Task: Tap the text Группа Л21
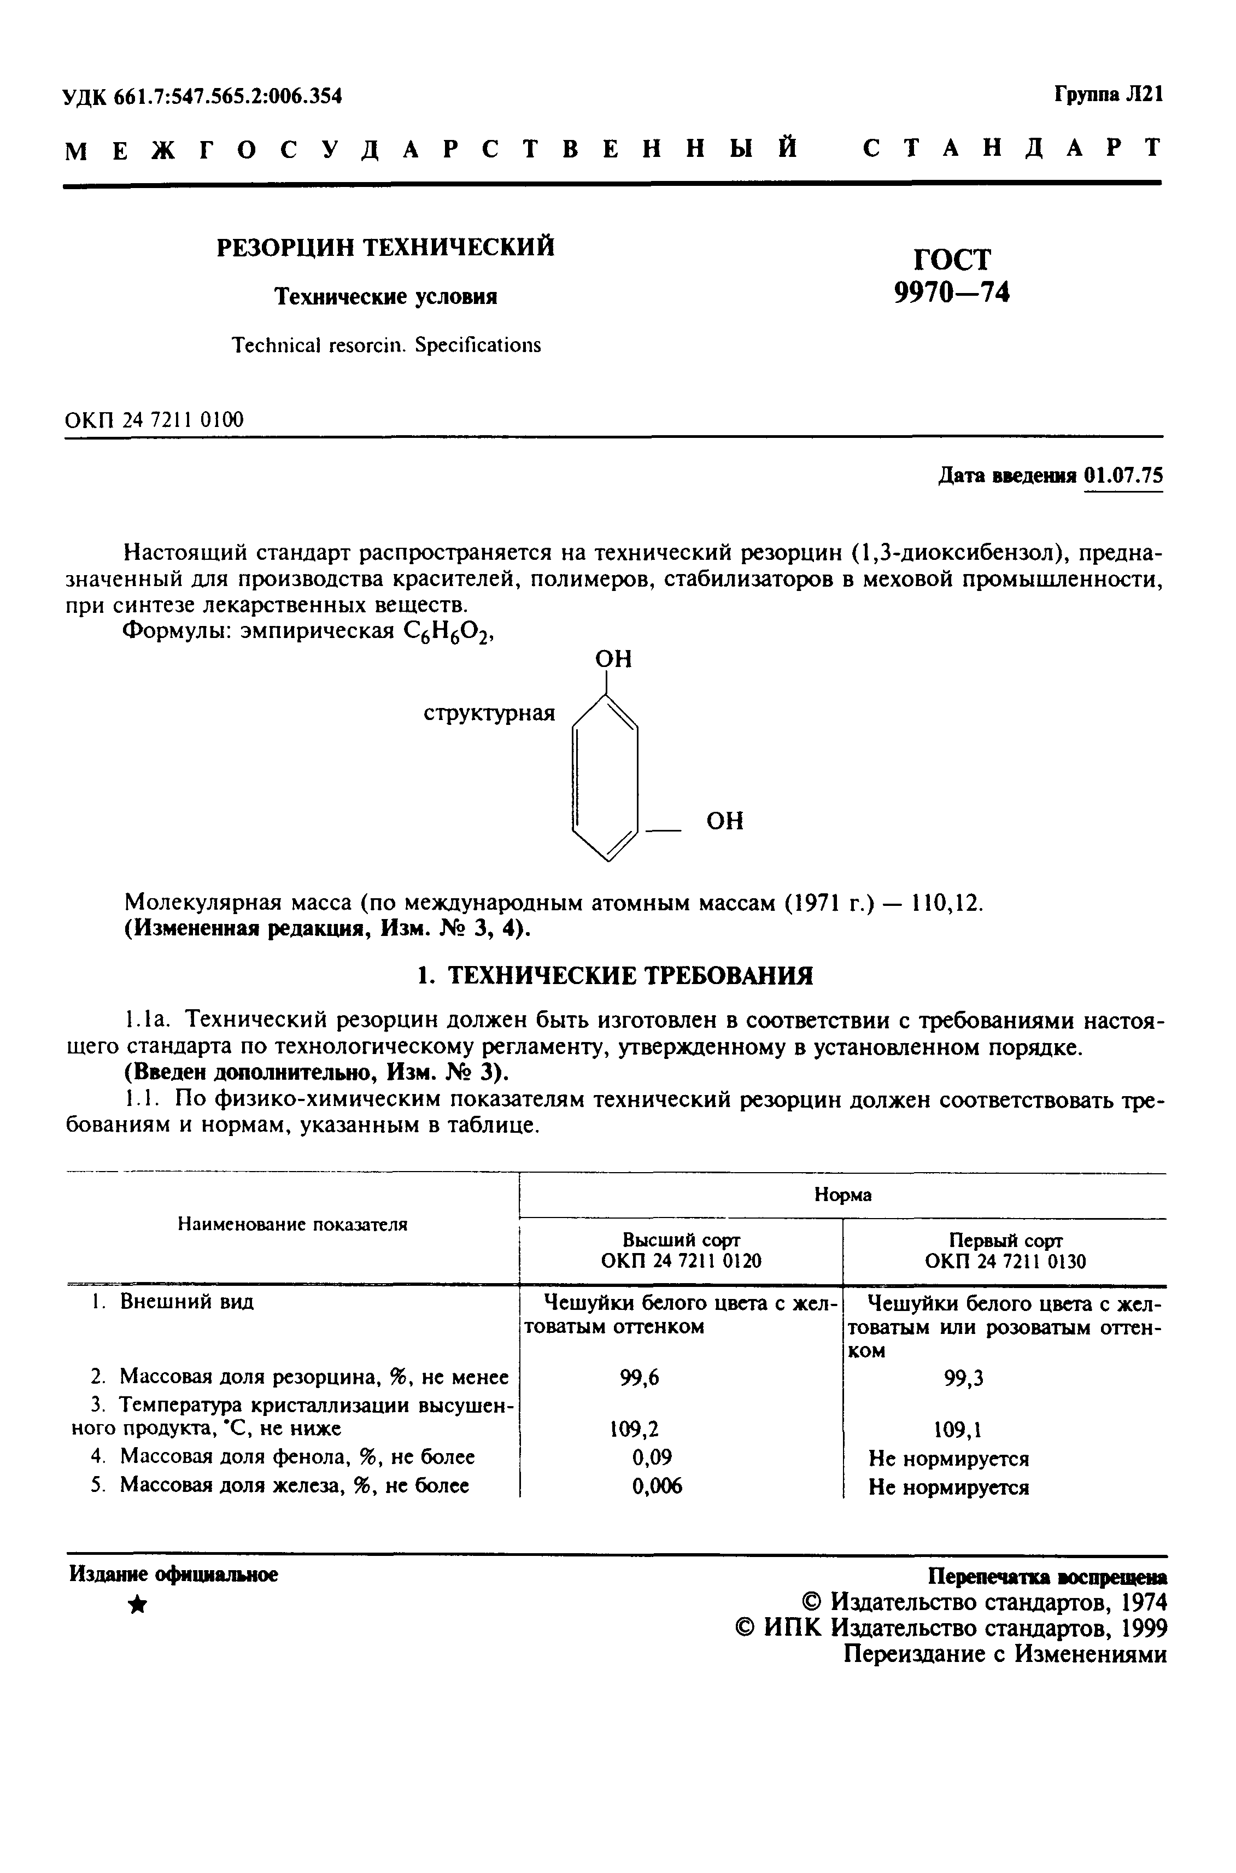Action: [x=1108, y=95]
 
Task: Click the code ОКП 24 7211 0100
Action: [x=155, y=420]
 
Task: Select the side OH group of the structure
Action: [x=724, y=821]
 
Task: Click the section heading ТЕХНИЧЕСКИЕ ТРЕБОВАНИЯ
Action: [x=615, y=976]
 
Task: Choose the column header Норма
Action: [x=842, y=1195]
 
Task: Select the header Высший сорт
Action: [x=681, y=1239]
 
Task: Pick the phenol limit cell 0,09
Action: [x=652, y=1457]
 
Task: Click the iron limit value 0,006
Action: [x=657, y=1486]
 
